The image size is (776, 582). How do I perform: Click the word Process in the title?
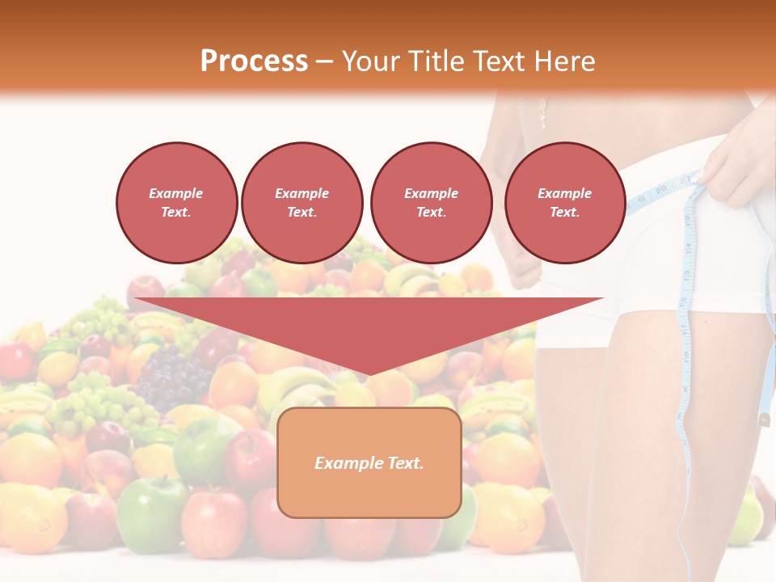(x=254, y=61)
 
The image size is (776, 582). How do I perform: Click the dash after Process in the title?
(x=324, y=62)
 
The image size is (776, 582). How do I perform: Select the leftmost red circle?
(x=176, y=203)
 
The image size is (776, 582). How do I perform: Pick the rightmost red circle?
(x=564, y=203)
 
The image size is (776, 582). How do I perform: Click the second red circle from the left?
(x=302, y=203)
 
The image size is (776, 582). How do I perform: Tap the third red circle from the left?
(x=431, y=203)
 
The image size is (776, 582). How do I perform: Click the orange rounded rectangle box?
(x=369, y=462)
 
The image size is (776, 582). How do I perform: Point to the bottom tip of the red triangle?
(x=369, y=373)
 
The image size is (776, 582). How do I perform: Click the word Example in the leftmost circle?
(x=176, y=193)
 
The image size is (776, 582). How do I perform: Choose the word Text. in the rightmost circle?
(x=564, y=213)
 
